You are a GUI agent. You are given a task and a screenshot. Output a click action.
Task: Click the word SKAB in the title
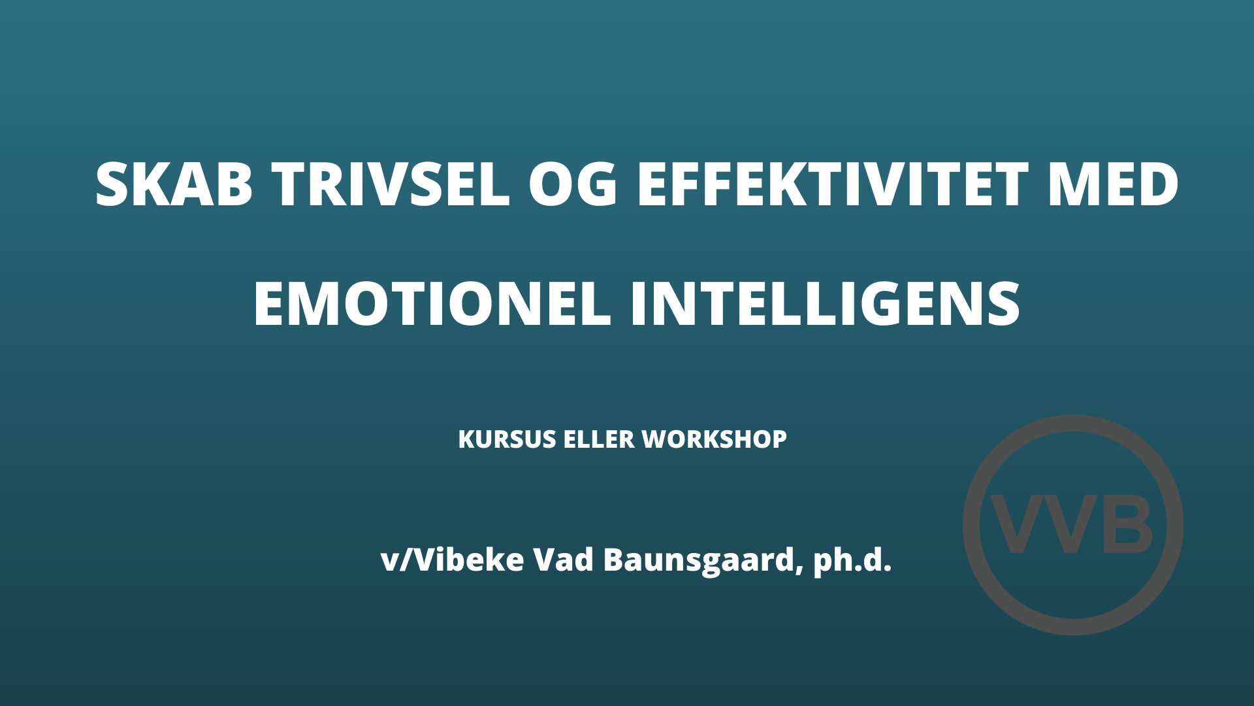pos(174,184)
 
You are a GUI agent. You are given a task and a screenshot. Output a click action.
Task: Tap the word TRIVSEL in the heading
pos(391,184)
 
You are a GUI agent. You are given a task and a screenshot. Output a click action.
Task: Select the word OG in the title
pos(573,184)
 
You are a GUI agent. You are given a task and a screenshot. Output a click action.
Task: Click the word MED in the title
pos(1113,184)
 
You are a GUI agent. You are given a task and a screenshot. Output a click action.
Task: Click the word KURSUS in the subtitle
pos(506,439)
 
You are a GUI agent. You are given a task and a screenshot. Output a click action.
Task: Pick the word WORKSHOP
pos(715,439)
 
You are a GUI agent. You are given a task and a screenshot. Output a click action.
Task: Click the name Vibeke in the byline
pos(469,560)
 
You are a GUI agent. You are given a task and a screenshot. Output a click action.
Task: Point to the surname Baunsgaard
pos(698,561)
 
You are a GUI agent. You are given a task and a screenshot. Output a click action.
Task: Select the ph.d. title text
pos(852,561)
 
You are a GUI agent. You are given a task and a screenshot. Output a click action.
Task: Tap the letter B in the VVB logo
pos(1127,525)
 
